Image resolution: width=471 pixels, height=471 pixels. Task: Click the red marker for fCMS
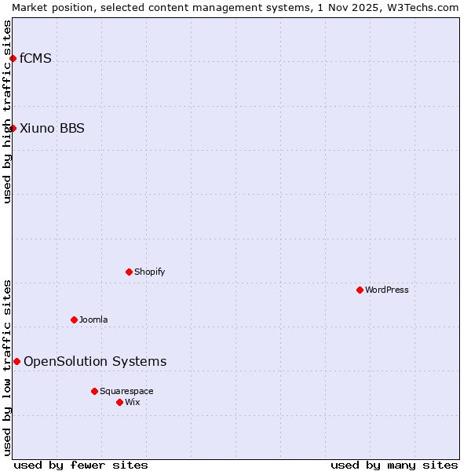coord(13,58)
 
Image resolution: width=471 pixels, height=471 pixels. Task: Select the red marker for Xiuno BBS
coord(13,128)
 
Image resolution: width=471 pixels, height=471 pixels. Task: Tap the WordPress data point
coord(360,290)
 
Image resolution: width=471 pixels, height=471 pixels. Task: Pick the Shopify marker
coord(129,272)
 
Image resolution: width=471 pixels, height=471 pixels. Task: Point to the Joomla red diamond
coord(74,319)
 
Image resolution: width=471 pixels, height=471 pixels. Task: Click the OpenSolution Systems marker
coord(16,361)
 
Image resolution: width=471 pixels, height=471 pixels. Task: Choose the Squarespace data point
coord(94,391)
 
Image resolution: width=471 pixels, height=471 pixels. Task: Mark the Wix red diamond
coord(119,402)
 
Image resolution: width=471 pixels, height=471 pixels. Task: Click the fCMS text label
coord(35,58)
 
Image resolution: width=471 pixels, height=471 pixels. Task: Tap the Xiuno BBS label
coord(52,128)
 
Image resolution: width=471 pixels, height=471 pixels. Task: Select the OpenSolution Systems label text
coord(95,361)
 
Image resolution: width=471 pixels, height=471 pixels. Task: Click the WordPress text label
coord(386,290)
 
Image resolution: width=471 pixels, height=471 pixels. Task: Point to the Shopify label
coord(149,272)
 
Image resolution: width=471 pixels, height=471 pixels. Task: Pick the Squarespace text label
coord(126,391)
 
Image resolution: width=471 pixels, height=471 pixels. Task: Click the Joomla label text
coord(93,319)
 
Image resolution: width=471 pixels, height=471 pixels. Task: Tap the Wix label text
coord(132,402)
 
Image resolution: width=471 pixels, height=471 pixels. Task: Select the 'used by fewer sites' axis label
coord(81,465)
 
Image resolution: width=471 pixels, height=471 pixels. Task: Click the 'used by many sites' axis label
coord(394,465)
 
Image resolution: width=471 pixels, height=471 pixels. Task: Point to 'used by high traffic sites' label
coord(7,111)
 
